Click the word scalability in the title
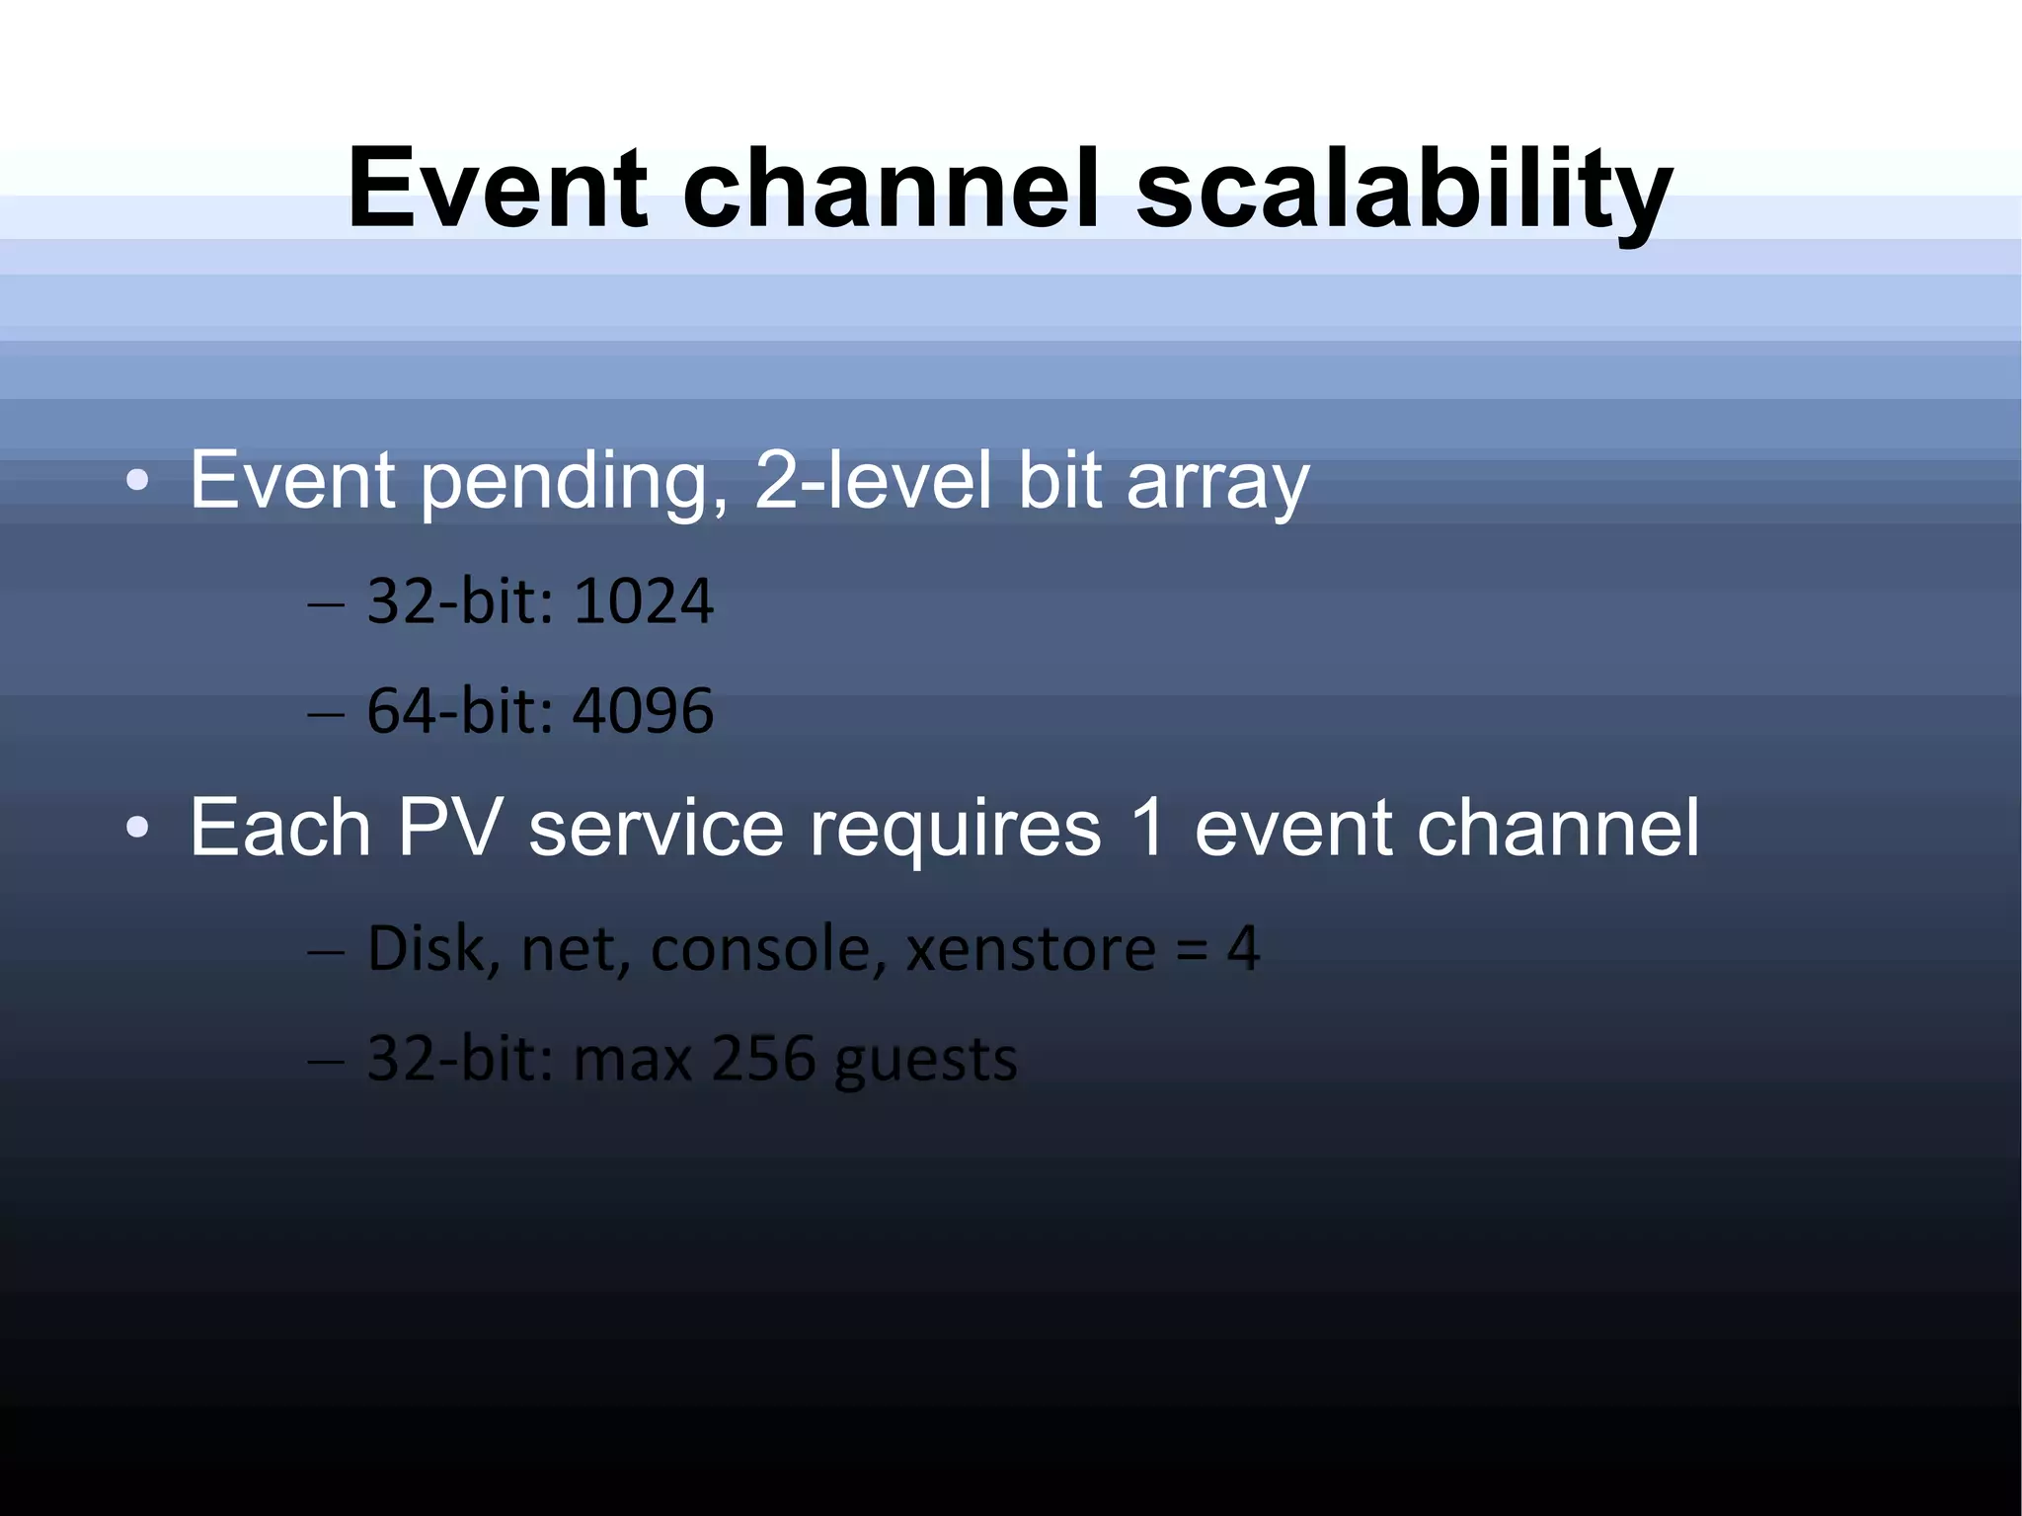pos(1403,190)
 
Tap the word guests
pos(925,1061)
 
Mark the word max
pos(632,1059)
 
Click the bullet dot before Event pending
pos(137,482)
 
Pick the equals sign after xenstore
pos(1192,950)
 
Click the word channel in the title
pos(890,190)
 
